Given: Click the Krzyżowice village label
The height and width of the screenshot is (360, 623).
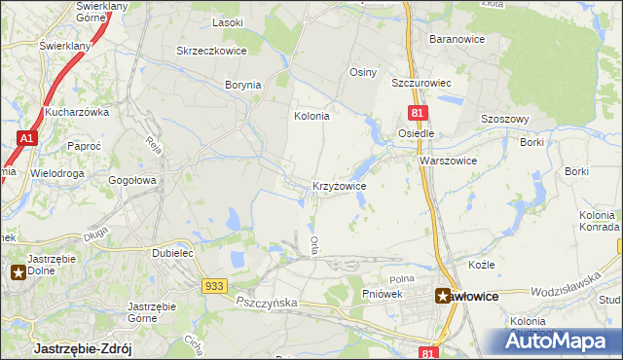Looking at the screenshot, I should coord(339,185).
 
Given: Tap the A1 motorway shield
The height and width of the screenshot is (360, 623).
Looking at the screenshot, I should coord(26,139).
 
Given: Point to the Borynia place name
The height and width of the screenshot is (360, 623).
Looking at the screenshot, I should coord(242,85).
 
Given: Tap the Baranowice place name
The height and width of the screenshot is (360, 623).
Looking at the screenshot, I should coord(458,39).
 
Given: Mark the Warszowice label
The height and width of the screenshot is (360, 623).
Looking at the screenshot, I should coord(448,161).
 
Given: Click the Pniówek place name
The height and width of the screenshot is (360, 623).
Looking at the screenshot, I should coord(382,294).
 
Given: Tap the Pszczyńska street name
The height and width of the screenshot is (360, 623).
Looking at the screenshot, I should coord(266,304).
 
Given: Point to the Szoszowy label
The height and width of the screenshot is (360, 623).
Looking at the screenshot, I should coord(505,119).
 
